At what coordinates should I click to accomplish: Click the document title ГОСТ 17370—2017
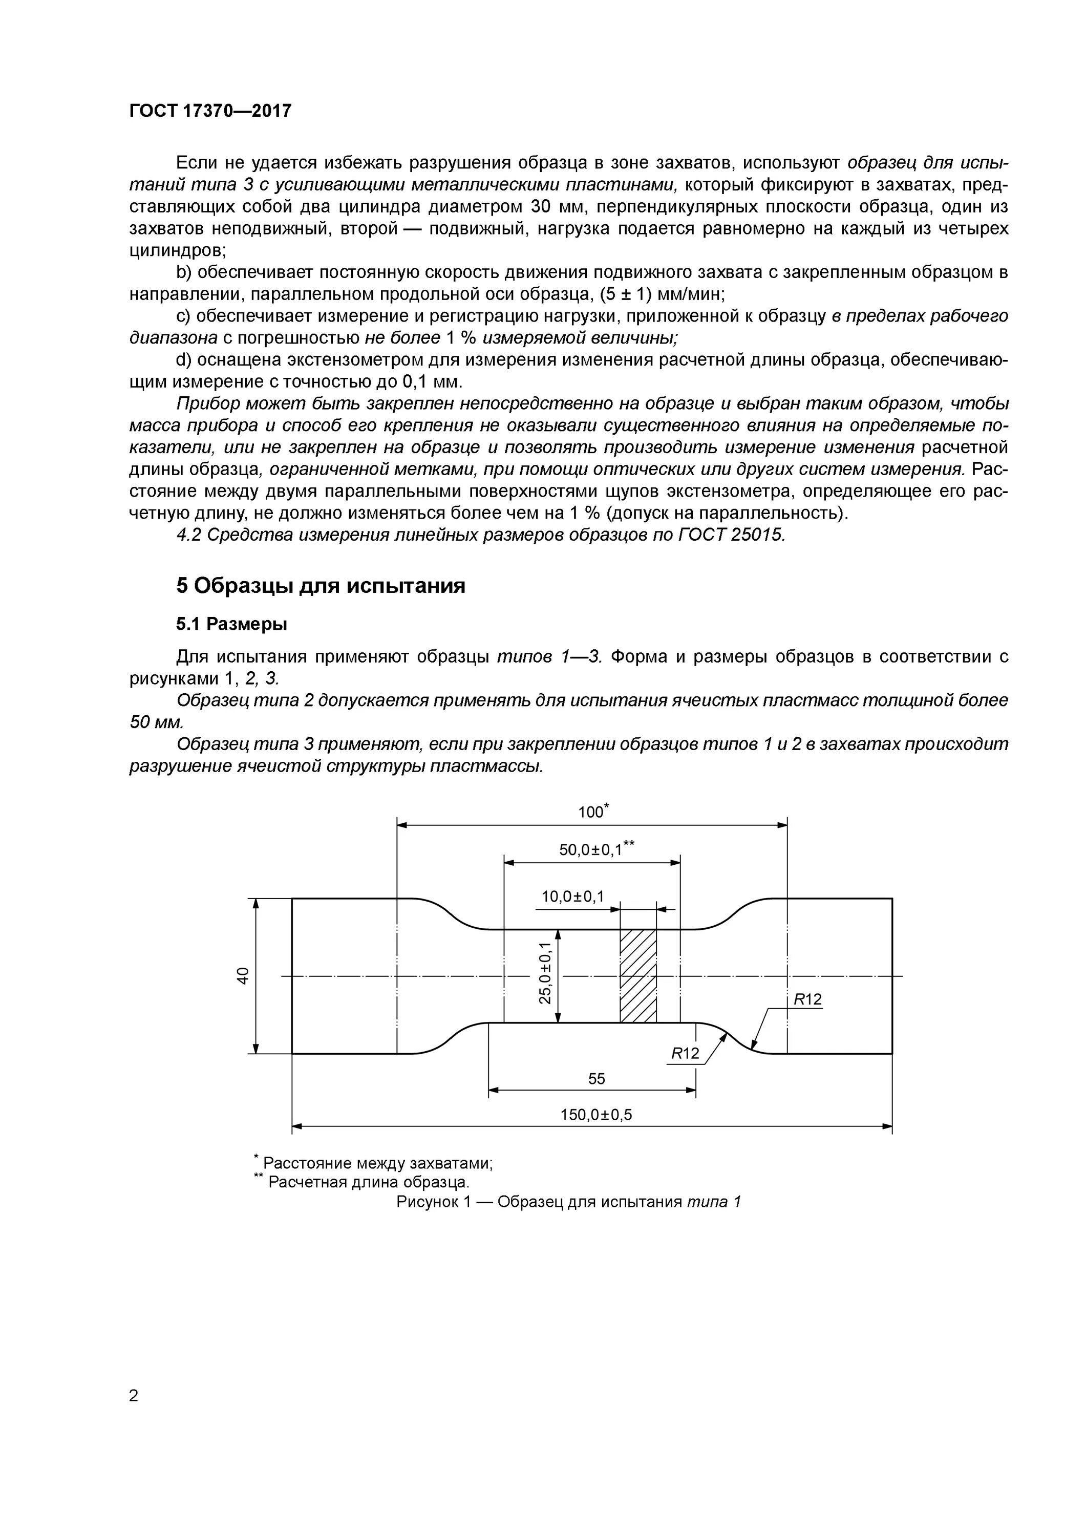pos(210,111)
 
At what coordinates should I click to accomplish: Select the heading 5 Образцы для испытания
pos(321,586)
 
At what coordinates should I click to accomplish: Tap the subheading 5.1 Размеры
pos(231,624)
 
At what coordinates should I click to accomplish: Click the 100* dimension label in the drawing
pos(592,812)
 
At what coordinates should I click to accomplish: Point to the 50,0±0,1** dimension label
pos(595,849)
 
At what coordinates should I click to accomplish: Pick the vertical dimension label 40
pos(244,975)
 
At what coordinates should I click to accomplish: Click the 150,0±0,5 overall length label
pos(595,1115)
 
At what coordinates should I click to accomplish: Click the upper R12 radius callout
pos(807,999)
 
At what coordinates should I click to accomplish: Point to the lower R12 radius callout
pos(685,1054)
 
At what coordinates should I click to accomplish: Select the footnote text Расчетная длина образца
pos(369,1182)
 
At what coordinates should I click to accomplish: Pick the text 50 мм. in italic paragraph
pos(155,722)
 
